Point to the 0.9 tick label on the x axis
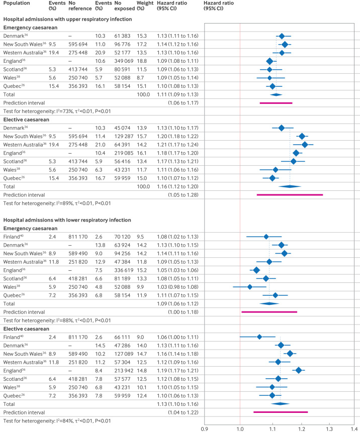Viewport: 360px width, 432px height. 205,428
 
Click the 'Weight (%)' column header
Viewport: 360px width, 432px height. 131,6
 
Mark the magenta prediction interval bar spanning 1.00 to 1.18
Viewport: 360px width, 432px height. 269,312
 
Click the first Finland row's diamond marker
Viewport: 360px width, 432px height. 266,236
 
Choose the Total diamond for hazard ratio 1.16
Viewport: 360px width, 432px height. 289,186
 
